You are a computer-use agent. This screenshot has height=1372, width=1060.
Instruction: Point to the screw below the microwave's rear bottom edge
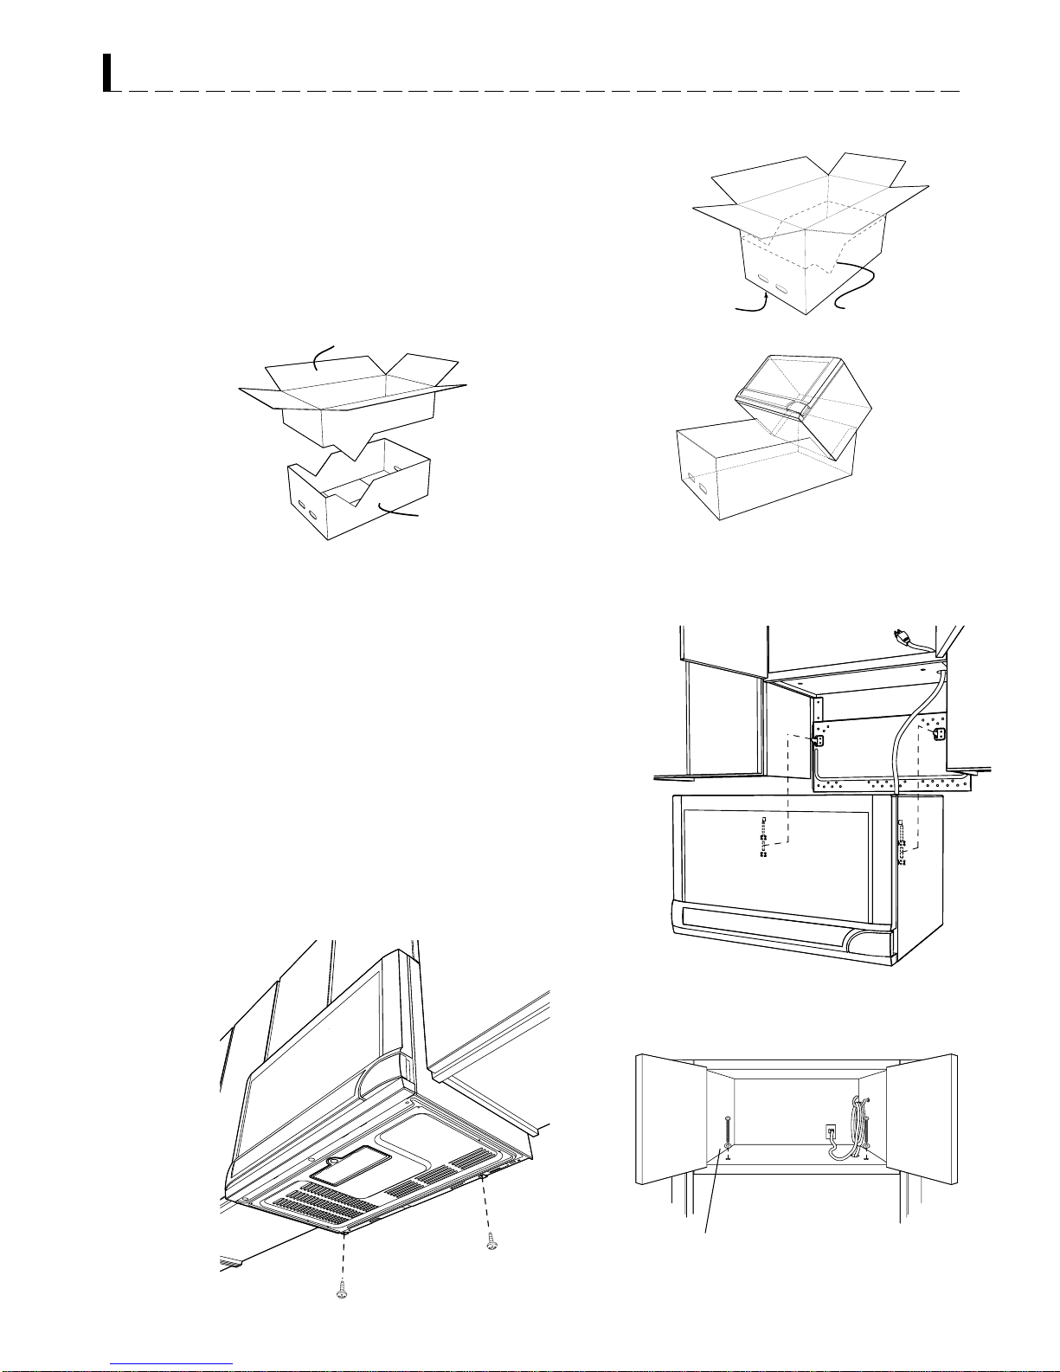point(491,1240)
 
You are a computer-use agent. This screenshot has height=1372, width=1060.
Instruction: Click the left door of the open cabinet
point(671,1118)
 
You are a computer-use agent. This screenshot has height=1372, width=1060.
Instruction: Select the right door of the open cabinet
point(921,1118)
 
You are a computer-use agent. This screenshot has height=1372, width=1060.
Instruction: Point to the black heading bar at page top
point(107,73)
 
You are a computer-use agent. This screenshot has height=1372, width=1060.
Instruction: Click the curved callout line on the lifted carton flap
point(322,357)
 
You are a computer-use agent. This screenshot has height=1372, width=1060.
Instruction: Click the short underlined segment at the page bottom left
point(172,1363)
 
